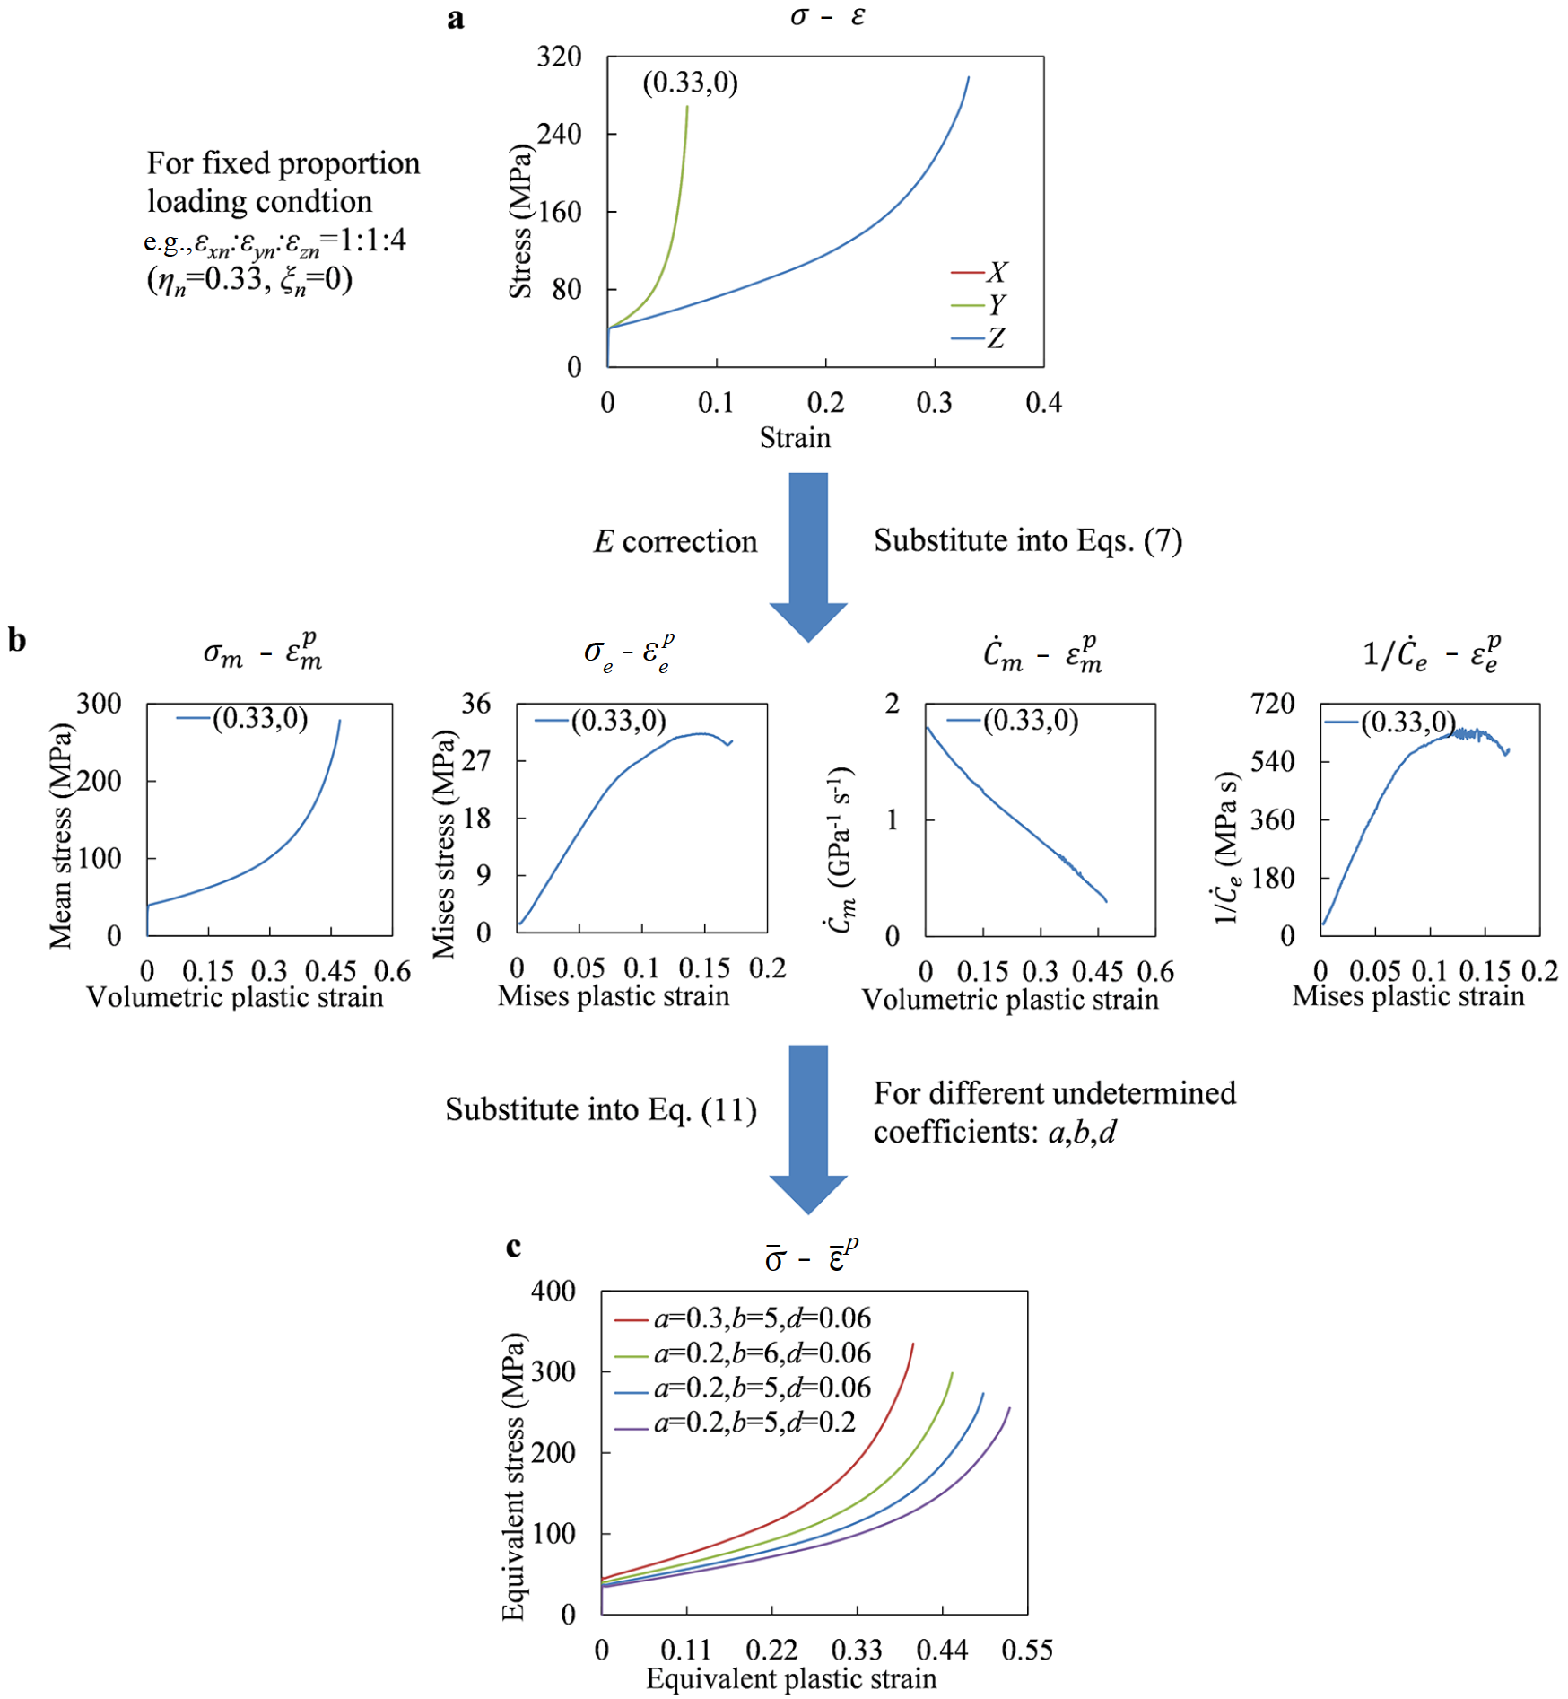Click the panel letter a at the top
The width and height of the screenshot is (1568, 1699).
[x=456, y=19]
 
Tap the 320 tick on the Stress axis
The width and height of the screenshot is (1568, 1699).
[x=560, y=57]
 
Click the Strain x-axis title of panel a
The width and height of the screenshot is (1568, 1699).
[x=795, y=438]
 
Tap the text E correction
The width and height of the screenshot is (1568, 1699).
[x=675, y=542]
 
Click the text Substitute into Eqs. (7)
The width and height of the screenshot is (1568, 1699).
[x=1028, y=540]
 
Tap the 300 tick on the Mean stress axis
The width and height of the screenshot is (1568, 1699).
[x=99, y=703]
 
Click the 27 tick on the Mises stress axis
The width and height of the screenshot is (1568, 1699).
[x=475, y=761]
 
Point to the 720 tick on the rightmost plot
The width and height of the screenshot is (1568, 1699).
[x=1274, y=703]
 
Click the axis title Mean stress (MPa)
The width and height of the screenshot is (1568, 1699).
[x=61, y=835]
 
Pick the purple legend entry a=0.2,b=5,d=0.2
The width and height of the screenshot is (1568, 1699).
[x=736, y=1423]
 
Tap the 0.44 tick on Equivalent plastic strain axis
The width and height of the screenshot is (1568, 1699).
[x=942, y=1649]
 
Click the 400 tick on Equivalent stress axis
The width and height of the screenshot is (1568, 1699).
[x=553, y=1291]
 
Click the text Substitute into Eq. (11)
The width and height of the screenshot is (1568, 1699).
[x=601, y=1110]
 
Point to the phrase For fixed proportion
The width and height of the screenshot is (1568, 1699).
[x=283, y=163]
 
